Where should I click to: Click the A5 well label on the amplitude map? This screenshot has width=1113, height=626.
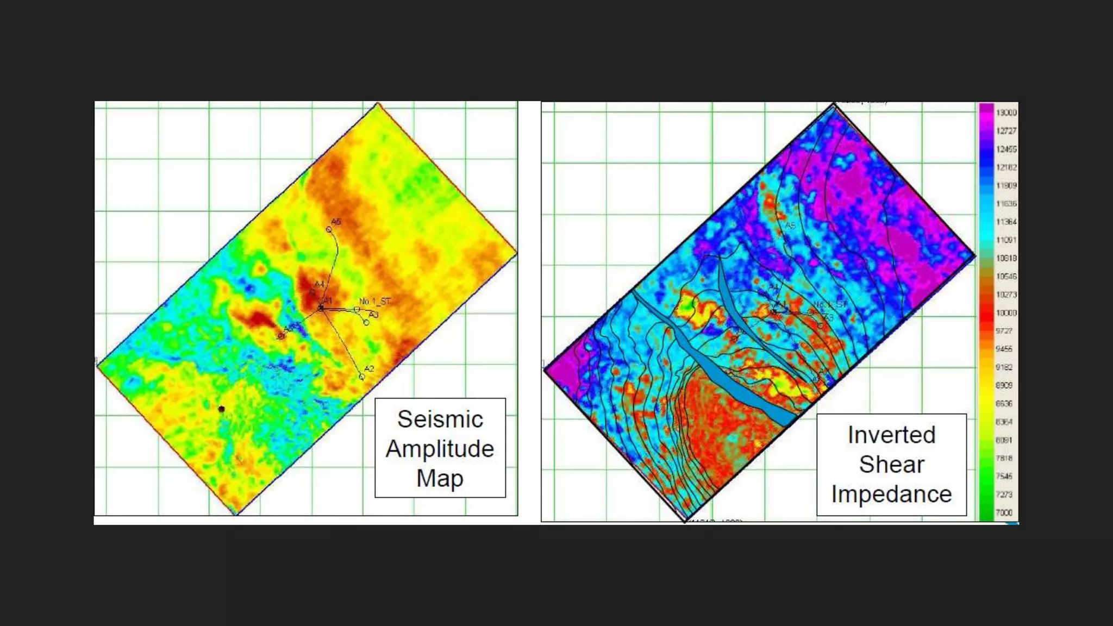(x=336, y=222)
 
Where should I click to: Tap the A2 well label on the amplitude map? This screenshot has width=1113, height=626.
(x=369, y=369)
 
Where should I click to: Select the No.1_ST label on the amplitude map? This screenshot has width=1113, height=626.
(x=374, y=302)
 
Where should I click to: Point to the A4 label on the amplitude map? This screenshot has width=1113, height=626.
(x=320, y=284)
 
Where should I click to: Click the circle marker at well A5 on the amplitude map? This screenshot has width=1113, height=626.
(x=329, y=230)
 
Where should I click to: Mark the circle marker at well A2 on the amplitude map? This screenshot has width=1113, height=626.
(x=362, y=377)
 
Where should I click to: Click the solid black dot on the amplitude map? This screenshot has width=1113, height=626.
(x=221, y=409)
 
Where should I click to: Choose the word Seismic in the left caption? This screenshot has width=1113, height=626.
(x=440, y=419)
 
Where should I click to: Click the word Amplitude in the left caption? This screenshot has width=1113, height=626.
(x=440, y=449)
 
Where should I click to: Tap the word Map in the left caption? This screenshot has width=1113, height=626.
(x=440, y=478)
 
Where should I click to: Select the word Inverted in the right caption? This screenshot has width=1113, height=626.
(x=891, y=435)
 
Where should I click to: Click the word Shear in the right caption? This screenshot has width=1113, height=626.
(x=891, y=465)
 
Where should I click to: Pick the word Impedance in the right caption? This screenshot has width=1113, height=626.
(x=891, y=494)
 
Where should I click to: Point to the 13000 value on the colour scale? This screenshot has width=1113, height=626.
(x=1006, y=112)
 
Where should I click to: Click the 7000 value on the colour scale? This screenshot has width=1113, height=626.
(x=1004, y=512)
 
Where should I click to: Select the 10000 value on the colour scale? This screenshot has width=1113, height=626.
(x=1006, y=313)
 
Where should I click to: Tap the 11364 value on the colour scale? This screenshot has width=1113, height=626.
(x=1006, y=222)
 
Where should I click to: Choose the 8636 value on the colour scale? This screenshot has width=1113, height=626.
(x=1004, y=403)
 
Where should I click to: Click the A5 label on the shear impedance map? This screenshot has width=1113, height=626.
(x=790, y=226)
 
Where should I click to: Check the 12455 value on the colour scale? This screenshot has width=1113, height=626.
(x=1006, y=149)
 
